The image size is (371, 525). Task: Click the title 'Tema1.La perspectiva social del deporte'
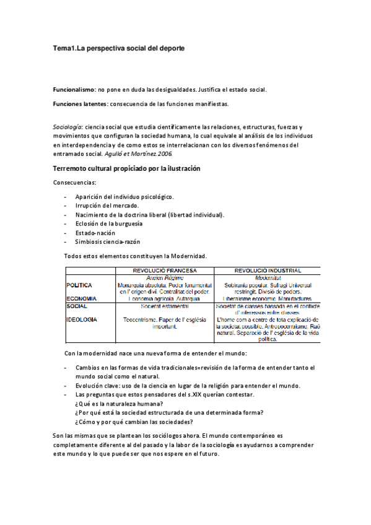coord(118,48)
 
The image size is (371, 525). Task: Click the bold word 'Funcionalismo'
coord(74,90)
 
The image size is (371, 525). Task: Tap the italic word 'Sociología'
coord(68,126)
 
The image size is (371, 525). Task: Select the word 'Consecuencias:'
coord(74,183)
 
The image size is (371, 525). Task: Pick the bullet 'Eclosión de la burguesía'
coord(110,223)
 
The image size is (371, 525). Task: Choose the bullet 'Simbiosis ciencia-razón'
coord(108,241)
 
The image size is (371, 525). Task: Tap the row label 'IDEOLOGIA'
coord(82,319)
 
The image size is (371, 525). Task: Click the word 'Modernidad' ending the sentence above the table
coord(187,256)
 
